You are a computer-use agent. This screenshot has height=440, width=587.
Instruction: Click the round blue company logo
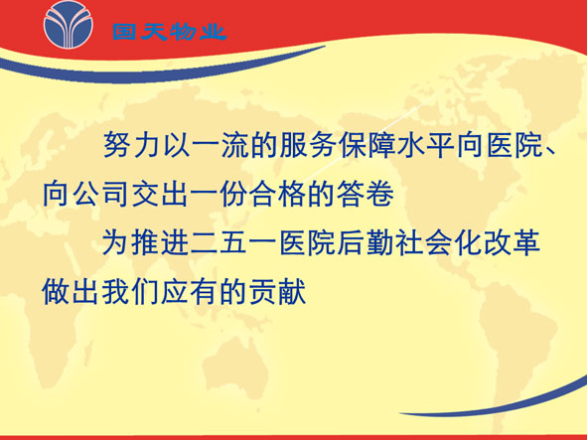[x=68, y=25]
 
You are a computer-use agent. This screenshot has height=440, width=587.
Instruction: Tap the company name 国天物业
[x=170, y=32]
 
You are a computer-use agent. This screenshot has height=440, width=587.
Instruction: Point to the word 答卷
[x=367, y=194]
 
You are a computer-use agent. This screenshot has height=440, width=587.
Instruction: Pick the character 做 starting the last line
[x=56, y=291]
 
